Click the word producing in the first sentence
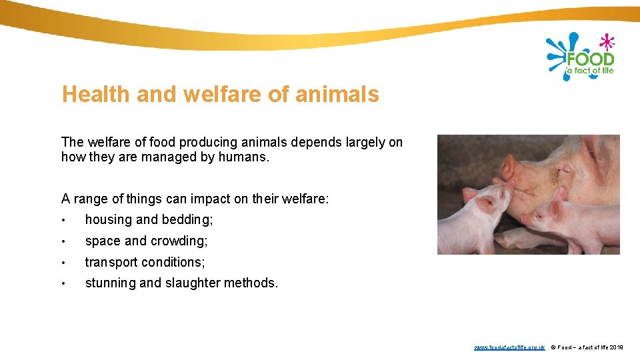[x=189, y=143]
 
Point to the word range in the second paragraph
[x=89, y=199]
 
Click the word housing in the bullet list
[x=109, y=220]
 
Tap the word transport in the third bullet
[x=110, y=262]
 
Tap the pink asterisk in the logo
[x=606, y=42]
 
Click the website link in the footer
[x=509, y=347]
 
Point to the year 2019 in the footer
[x=617, y=347]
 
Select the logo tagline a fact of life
[x=589, y=71]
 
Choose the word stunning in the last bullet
[x=111, y=283]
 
